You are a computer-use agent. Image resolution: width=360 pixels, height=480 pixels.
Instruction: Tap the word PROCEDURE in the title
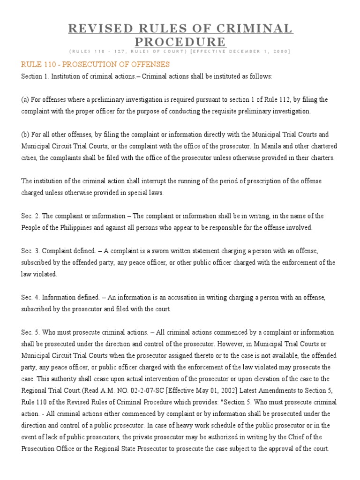pos(180,42)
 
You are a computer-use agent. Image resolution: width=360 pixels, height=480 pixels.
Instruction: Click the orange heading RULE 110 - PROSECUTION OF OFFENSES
pos(95,64)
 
